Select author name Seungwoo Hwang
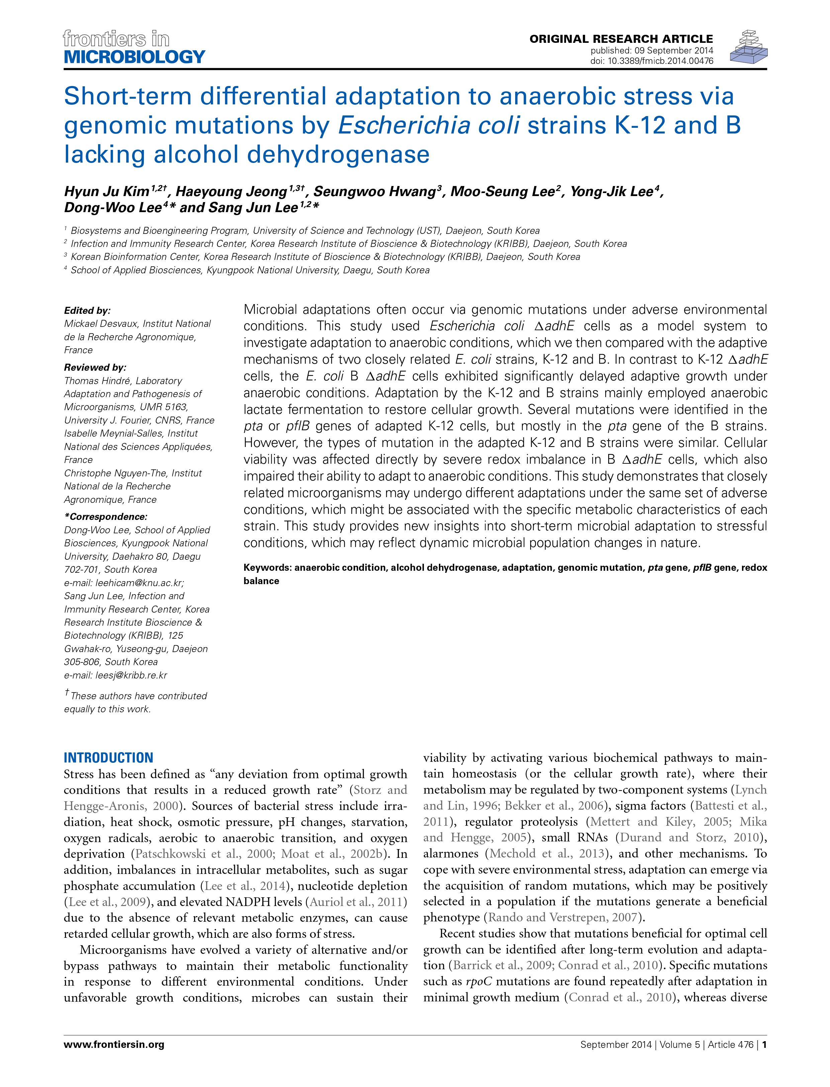coord(374,191)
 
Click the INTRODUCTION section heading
coord(109,757)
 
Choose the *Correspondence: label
coord(106,517)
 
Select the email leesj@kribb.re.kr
coord(116,675)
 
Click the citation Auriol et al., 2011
coord(358,902)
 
